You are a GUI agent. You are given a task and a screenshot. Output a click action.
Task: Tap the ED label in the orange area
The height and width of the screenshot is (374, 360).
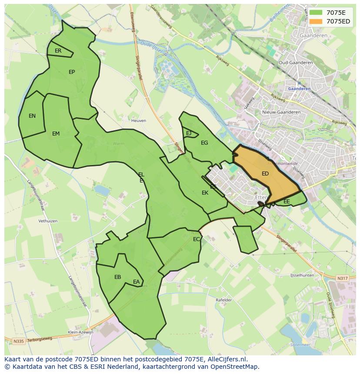point(265,174)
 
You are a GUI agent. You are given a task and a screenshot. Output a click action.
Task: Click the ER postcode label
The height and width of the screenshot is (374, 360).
point(58,51)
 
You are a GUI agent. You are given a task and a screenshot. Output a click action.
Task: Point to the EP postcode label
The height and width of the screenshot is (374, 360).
point(72,72)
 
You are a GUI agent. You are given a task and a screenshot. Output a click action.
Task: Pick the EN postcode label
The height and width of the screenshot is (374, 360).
point(32,116)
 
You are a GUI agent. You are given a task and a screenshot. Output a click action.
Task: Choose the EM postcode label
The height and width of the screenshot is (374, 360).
point(56,134)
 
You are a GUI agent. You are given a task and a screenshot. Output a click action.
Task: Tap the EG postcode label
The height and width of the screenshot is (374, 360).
point(204,143)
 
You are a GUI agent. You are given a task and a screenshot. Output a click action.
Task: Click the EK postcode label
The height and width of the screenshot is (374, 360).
point(205,193)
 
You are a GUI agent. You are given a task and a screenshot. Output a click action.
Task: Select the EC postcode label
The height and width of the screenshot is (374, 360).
point(197,239)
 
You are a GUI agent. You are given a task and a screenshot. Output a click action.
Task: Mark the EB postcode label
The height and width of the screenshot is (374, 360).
point(117,277)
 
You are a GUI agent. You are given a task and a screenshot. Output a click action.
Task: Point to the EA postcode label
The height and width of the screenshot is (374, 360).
point(137,282)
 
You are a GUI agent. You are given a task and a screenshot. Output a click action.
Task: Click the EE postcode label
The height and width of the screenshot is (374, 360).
point(287,202)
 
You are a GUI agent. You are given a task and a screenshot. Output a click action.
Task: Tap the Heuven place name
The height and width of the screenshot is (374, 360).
point(139,120)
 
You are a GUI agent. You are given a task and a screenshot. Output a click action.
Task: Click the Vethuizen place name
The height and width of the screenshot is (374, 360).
point(48,221)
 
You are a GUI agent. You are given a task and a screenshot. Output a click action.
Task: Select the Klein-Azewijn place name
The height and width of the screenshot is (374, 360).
point(81,332)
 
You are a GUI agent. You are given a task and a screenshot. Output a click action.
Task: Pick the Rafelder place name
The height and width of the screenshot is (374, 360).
point(224,300)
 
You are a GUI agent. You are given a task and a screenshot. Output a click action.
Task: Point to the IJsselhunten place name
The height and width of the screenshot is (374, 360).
point(302,275)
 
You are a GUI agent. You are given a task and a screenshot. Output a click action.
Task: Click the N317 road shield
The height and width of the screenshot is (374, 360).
point(343,278)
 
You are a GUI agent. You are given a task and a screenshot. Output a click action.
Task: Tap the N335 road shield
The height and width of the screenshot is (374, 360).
point(18,341)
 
